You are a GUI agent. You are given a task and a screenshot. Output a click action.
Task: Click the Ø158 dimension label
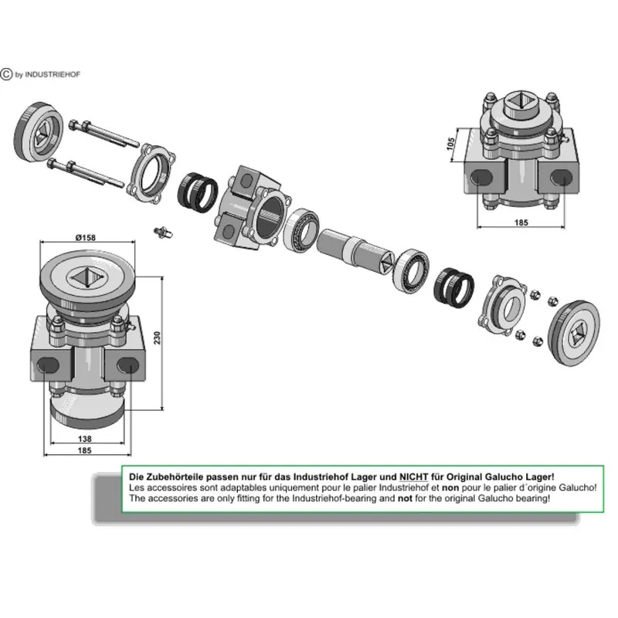pyautogui.click(x=86, y=237)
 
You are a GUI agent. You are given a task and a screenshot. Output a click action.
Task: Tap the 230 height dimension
pyautogui.click(x=157, y=338)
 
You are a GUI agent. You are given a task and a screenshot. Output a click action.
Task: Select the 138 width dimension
pyautogui.click(x=85, y=438)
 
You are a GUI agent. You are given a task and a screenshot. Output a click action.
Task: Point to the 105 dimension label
pyautogui.click(x=450, y=144)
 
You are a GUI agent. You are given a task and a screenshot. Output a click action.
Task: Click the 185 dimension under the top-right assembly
pyautogui.click(x=521, y=222)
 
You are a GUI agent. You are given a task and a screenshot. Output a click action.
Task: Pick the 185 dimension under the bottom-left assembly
pyautogui.click(x=85, y=450)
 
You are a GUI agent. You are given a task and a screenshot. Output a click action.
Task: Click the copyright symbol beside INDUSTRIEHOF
pyautogui.click(x=6, y=74)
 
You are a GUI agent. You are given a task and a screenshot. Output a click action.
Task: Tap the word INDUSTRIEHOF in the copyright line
pyautogui.click(x=53, y=74)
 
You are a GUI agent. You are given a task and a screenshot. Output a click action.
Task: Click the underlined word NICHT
pyautogui.click(x=413, y=477)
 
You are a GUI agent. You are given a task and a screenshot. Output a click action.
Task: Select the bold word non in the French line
pyautogui.click(x=450, y=487)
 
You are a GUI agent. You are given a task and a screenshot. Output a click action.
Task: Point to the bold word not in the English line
pyautogui.click(x=405, y=498)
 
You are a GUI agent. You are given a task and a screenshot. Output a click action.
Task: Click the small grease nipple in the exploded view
pyautogui.click(x=163, y=233)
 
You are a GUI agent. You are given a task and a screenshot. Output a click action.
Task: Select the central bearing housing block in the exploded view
pyautogui.click(x=253, y=209)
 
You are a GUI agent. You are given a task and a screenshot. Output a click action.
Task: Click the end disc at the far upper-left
pyautogui.click(x=38, y=131)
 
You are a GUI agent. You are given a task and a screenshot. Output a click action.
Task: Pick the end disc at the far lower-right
pyautogui.click(x=574, y=333)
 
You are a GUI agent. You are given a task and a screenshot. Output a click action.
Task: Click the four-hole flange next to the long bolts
pyautogui.click(x=151, y=174)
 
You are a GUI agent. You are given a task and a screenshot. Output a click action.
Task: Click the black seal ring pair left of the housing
pyautogui.click(x=198, y=192)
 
